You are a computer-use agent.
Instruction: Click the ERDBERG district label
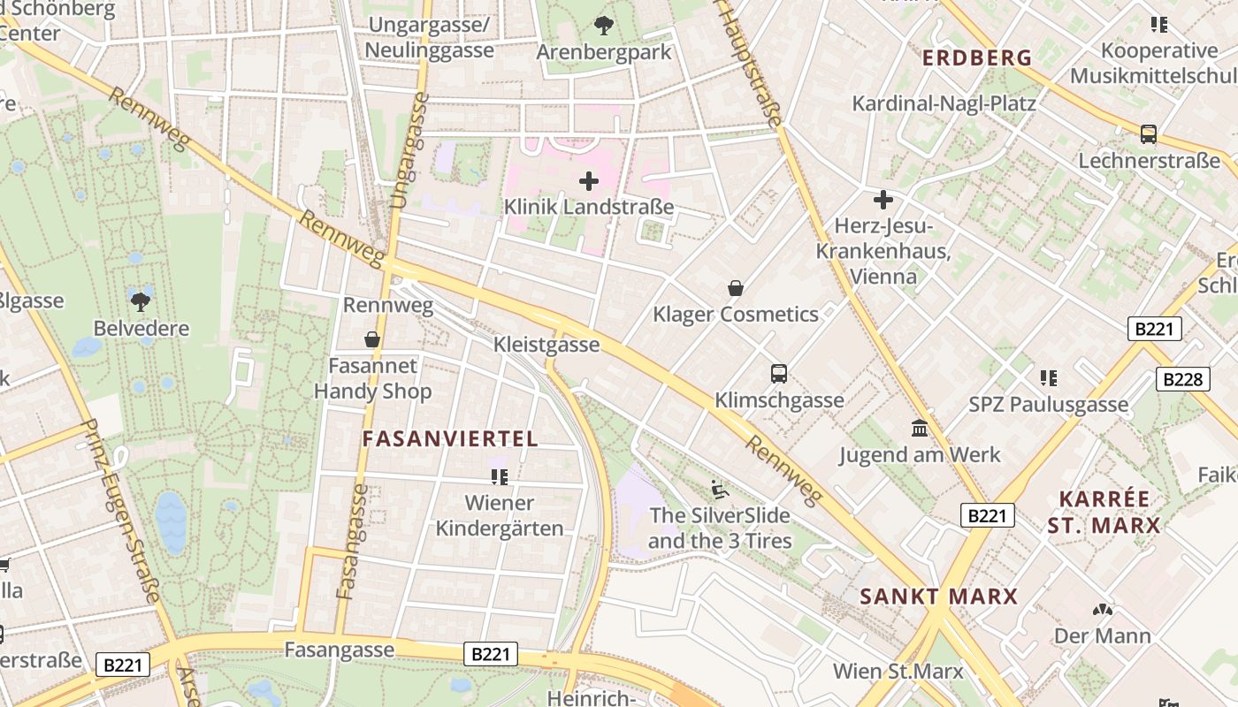(977, 58)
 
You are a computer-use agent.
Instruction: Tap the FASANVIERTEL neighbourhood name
(450, 439)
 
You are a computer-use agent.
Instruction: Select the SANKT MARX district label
(939, 597)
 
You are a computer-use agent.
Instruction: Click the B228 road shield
(1182, 379)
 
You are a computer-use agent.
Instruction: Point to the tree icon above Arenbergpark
(604, 26)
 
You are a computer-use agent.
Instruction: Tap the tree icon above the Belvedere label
(140, 301)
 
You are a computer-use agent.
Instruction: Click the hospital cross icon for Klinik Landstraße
(589, 182)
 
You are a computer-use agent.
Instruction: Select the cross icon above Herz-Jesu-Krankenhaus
(883, 200)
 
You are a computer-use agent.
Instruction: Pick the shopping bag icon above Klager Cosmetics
(735, 288)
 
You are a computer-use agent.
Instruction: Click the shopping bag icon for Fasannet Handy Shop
(373, 339)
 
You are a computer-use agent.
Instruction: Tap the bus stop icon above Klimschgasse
(779, 374)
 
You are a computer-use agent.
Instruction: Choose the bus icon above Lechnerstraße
(1148, 134)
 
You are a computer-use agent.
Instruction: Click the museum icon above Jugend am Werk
(920, 429)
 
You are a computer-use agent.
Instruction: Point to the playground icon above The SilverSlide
(720, 489)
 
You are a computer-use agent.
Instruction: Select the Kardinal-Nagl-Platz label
(944, 103)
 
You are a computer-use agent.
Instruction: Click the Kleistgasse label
(546, 345)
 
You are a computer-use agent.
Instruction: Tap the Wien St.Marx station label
(898, 671)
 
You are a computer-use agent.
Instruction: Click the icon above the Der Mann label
(1102, 610)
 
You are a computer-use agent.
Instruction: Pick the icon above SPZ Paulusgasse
(1049, 378)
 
